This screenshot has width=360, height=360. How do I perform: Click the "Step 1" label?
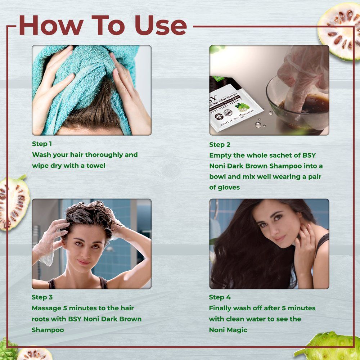(42, 144)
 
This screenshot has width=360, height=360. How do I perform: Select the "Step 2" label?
(220, 145)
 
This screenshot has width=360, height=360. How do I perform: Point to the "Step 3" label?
(42, 297)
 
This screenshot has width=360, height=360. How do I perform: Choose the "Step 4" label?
(220, 297)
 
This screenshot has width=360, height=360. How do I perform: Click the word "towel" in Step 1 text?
(95, 166)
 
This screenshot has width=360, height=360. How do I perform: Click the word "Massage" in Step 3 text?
(46, 308)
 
